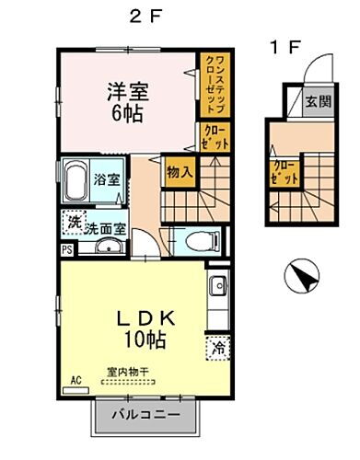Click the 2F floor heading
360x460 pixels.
pyautogui.click(x=141, y=16)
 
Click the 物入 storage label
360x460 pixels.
pyautogui.click(x=179, y=170)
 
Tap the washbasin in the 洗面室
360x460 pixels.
pyautogui.click(x=109, y=247)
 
